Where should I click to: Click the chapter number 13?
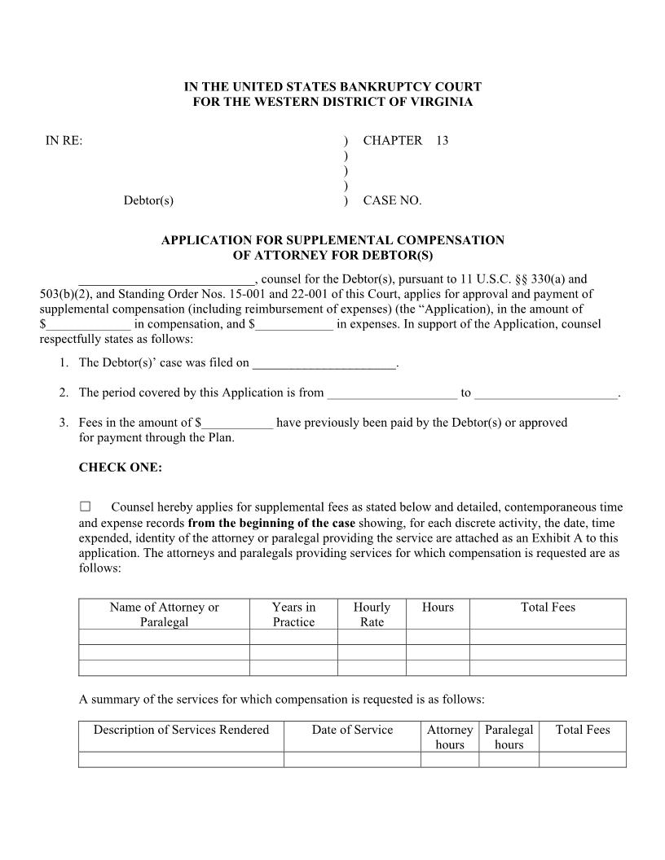point(442,140)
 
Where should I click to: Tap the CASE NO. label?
point(392,200)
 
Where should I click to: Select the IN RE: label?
point(64,140)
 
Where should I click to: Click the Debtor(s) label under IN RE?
point(148,200)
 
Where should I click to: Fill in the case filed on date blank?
point(324,364)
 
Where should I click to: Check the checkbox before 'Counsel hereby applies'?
point(85,507)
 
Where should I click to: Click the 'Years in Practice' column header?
point(293,614)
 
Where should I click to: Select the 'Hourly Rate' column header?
point(372,614)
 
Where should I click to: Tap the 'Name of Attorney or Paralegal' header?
point(165,614)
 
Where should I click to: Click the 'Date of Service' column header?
point(352,730)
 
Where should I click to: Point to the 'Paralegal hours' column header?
point(509,736)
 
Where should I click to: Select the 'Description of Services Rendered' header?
point(181,730)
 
